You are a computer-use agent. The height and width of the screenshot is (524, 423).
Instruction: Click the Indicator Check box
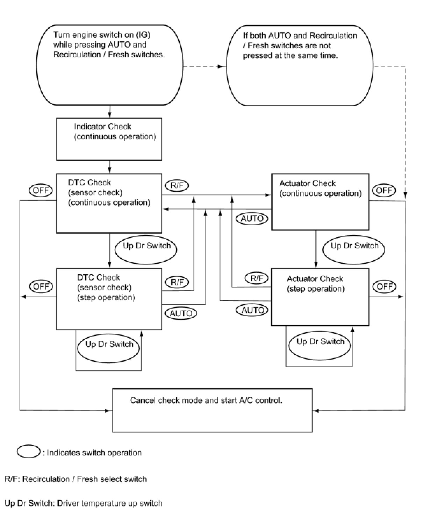pyautogui.click(x=109, y=139)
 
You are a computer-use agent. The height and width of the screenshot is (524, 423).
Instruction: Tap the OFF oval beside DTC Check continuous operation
pyautogui.click(x=41, y=190)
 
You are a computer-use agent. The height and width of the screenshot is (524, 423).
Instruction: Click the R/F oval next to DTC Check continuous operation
pyautogui.click(x=177, y=185)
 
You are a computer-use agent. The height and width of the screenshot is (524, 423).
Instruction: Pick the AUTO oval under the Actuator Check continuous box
pyautogui.click(x=252, y=219)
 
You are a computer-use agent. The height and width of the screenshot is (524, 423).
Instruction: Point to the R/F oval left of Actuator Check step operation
pyautogui.click(x=256, y=278)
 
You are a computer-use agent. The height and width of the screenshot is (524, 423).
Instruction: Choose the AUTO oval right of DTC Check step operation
pyautogui.click(x=181, y=313)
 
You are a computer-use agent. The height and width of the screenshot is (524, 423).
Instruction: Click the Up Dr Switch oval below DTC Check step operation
pyautogui.click(x=108, y=348)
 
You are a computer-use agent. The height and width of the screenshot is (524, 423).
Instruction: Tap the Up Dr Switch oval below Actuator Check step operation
pyautogui.click(x=320, y=346)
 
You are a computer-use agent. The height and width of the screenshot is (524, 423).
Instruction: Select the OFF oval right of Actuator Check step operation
pyautogui.click(x=385, y=286)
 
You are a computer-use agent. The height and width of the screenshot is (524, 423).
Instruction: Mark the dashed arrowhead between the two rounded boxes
pyautogui.click(x=222, y=66)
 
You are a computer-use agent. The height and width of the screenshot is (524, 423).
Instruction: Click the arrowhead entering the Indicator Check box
pyautogui.click(x=110, y=115)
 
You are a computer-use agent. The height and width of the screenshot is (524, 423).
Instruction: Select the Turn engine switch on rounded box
pyautogui.click(x=110, y=65)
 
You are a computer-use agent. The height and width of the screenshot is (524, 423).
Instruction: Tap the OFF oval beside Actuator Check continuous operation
pyautogui.click(x=384, y=190)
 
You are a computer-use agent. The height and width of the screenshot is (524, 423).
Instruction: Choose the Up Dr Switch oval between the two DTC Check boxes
pyautogui.click(x=146, y=250)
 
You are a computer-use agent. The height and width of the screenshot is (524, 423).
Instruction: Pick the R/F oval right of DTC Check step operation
pyautogui.click(x=177, y=282)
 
